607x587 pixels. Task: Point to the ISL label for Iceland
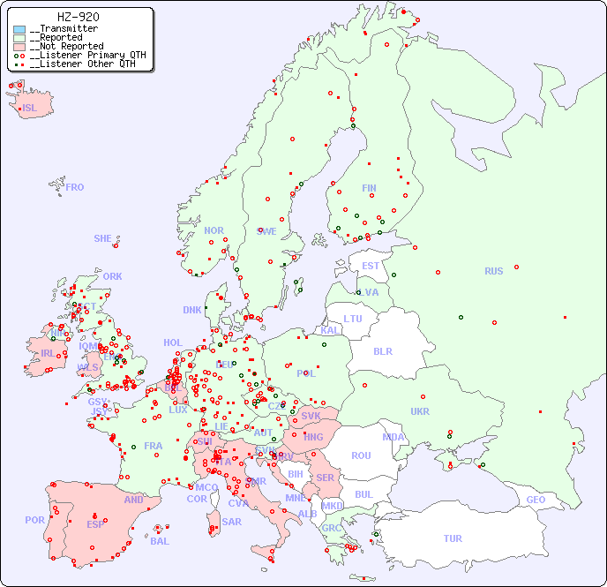(30, 109)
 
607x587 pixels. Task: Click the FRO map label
(75, 187)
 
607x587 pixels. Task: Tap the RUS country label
(493, 271)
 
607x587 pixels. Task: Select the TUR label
(453, 538)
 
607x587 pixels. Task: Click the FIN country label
(369, 188)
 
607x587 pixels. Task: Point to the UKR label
(420, 411)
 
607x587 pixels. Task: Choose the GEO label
(536, 500)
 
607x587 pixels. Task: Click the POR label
(34, 520)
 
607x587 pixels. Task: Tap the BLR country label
(382, 350)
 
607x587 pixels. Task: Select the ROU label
(361, 455)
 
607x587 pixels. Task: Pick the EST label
(371, 266)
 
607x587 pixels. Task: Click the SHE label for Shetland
(103, 238)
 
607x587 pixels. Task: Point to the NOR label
(214, 230)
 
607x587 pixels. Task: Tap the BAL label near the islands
(160, 541)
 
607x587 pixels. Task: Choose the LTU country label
(353, 319)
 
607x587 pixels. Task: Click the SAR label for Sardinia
(232, 522)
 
